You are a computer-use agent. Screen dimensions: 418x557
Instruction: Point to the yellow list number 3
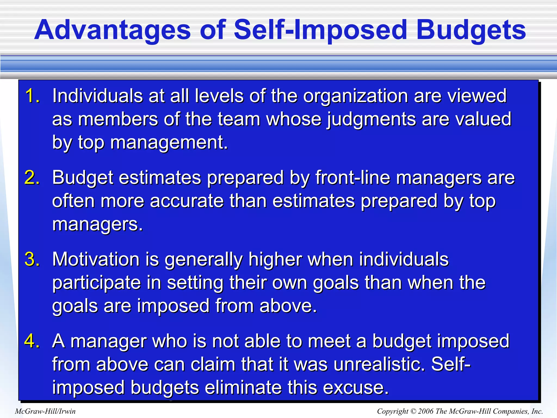(32, 259)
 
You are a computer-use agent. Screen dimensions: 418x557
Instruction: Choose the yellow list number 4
(32, 341)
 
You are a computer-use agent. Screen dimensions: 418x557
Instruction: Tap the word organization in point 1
(355, 96)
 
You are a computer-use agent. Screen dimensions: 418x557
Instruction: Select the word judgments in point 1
(371, 120)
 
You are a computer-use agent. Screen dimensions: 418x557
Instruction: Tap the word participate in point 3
(97, 283)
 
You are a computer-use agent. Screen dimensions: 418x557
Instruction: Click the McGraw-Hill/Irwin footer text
(45, 411)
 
